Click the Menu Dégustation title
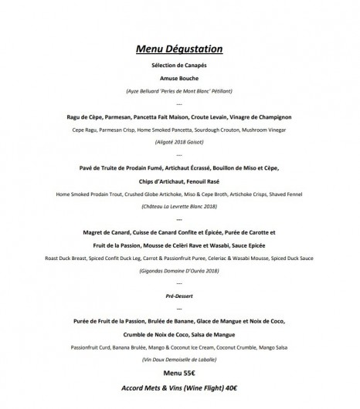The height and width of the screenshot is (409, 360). [179, 49]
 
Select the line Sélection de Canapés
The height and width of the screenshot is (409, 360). [179, 69]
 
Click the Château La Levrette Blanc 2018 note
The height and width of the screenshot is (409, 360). [179, 207]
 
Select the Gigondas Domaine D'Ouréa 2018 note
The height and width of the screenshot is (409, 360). [179, 271]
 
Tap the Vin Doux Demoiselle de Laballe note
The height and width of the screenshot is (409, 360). [179, 360]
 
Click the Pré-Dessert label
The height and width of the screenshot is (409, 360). [179, 294]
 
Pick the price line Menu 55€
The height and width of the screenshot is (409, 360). [179, 373]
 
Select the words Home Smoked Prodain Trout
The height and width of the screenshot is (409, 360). [90, 194]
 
